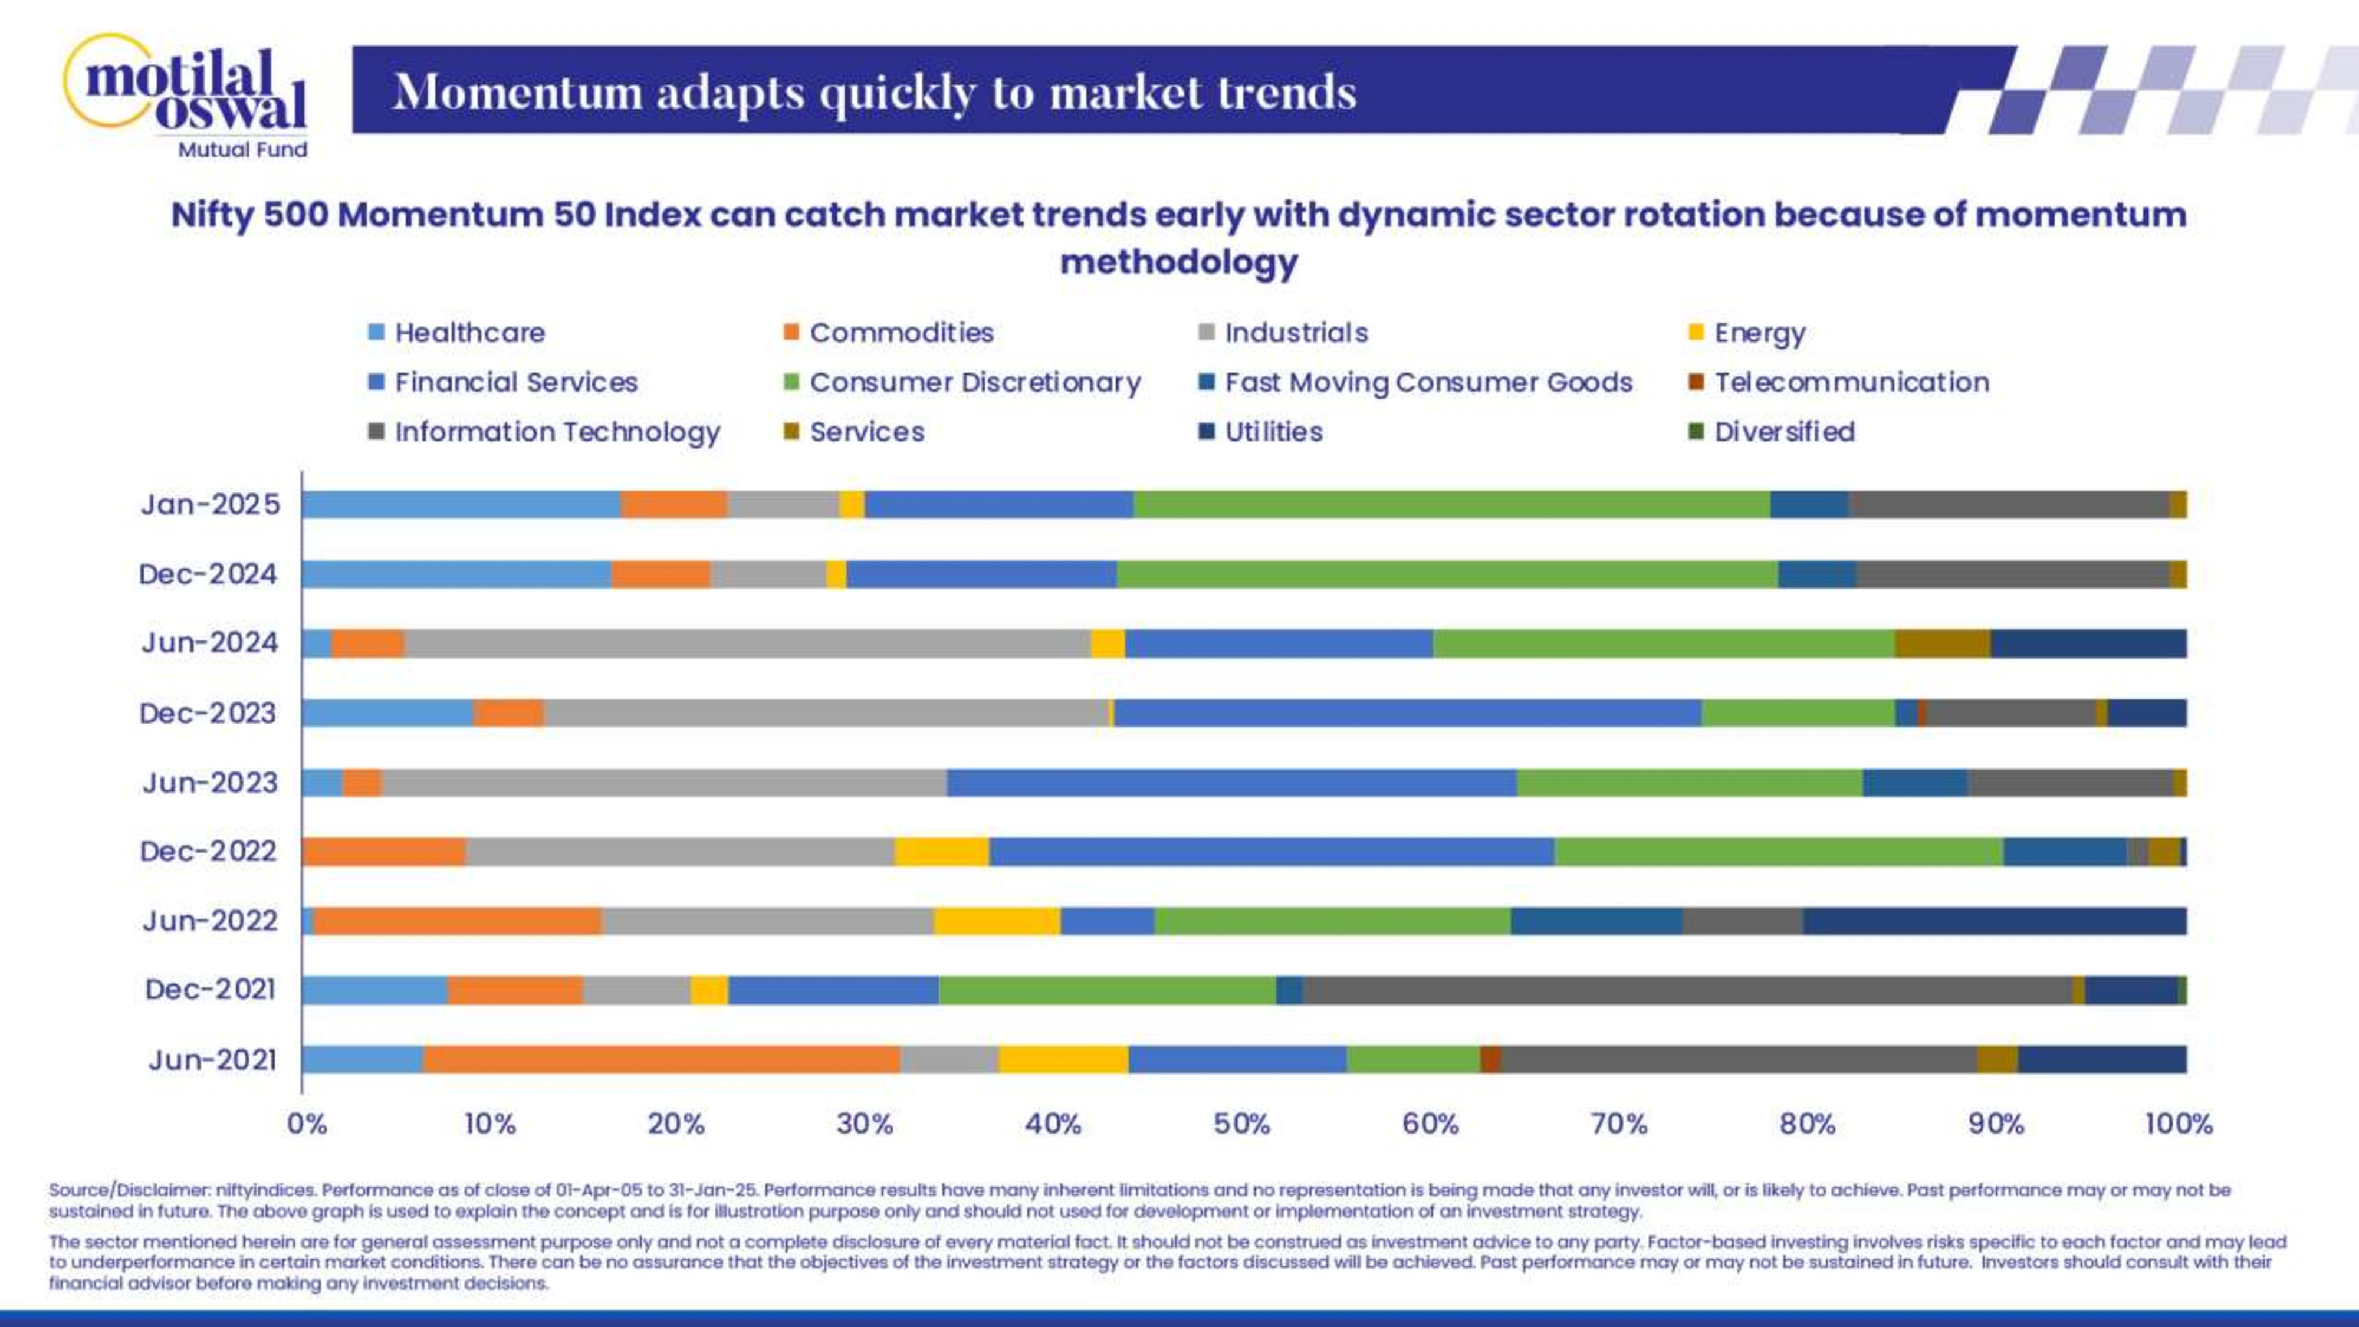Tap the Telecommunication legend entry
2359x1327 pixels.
[1850, 382]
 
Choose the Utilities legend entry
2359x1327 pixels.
[1272, 431]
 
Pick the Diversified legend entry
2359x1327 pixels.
[1783, 431]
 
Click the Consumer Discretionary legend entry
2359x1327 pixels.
[974, 382]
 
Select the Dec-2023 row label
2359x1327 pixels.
[208, 712]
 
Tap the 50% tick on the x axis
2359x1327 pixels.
[1242, 1124]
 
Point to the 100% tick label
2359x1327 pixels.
[2179, 1124]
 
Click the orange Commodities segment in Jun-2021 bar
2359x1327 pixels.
[661, 1060]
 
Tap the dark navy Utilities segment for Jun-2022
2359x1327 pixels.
[1995, 921]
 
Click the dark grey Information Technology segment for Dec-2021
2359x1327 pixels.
[1687, 990]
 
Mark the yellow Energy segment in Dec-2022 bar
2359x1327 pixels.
[941, 852]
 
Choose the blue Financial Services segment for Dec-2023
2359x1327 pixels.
[1408, 712]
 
